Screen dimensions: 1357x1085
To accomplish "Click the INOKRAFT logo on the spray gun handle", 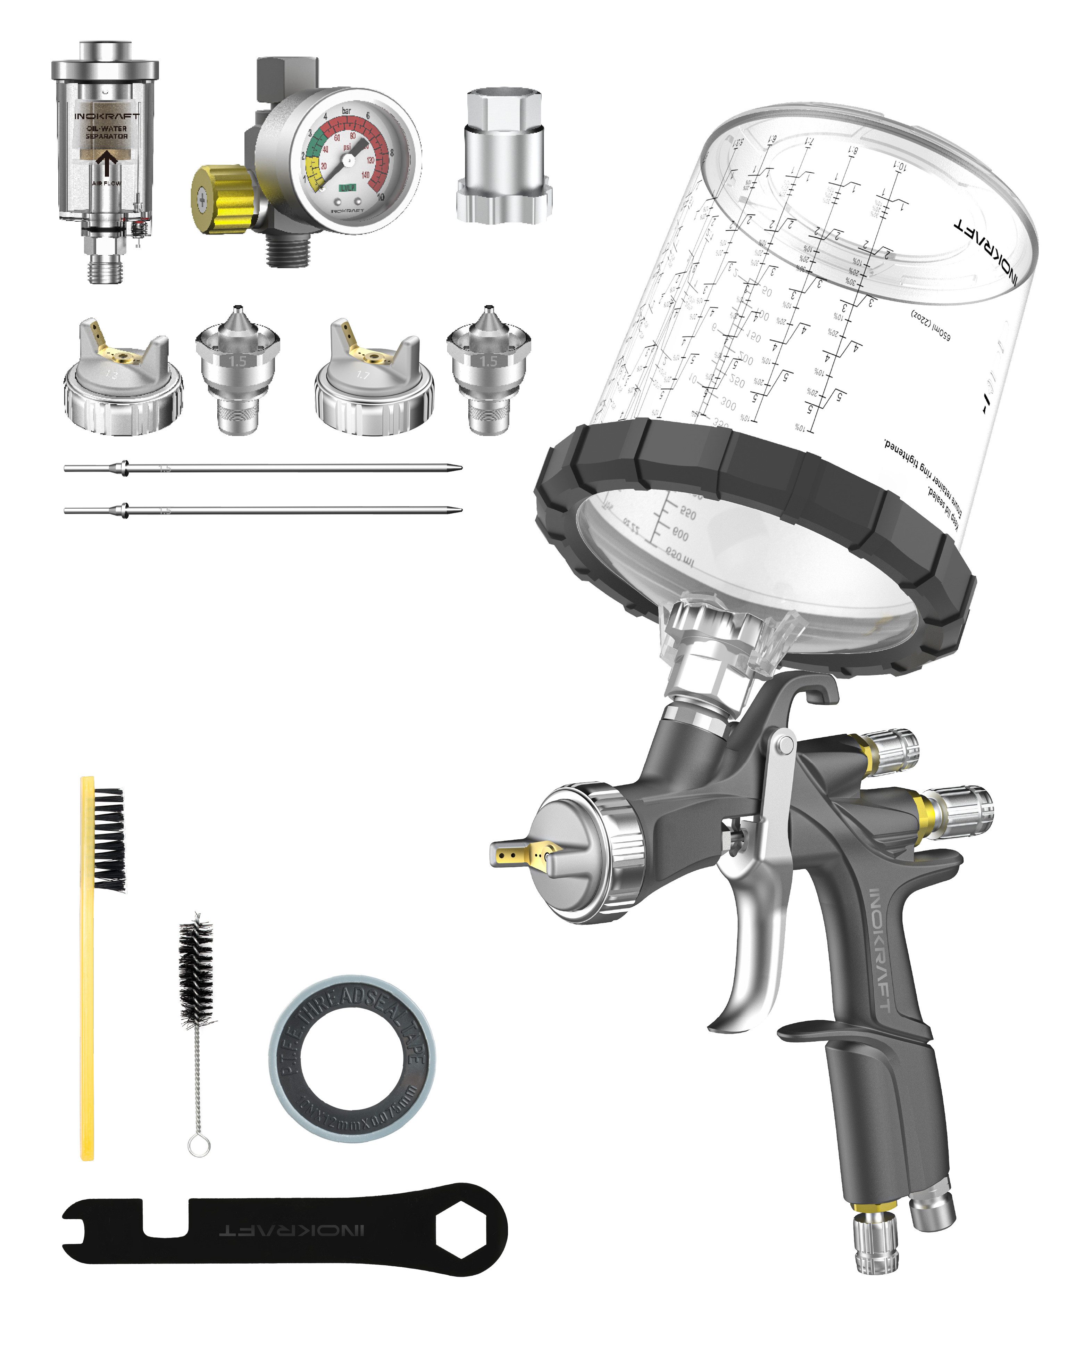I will (879, 951).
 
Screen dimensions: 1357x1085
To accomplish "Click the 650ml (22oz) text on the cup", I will (931, 324).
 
